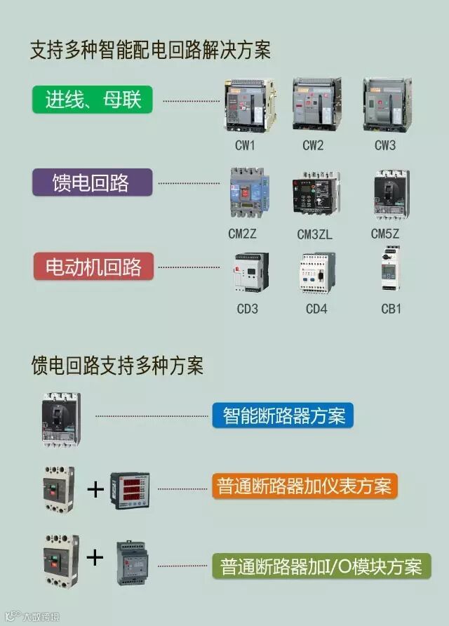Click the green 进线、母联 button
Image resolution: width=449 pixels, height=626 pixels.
93,100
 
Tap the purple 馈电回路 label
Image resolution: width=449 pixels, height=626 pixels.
91,183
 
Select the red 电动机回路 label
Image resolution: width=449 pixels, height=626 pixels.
93,267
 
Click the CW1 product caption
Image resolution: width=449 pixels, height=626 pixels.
245,146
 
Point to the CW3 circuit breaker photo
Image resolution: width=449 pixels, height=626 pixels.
384,105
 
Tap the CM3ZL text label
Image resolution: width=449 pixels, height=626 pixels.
314,234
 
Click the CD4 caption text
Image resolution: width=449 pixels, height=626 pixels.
316,308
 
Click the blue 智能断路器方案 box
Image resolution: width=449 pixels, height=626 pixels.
283,415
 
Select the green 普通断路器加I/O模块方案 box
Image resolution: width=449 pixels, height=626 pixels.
321,566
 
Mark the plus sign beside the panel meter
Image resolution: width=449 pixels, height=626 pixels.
94,488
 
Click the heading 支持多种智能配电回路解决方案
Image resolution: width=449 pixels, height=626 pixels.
150,51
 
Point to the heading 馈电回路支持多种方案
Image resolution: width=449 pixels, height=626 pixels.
117,366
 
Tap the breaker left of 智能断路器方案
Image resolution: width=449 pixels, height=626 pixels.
62,419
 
